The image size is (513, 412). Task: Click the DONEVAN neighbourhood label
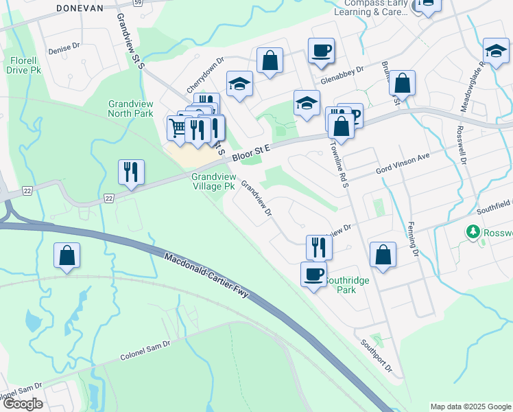80,8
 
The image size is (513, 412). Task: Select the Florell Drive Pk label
25,65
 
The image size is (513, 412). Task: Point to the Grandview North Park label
130,108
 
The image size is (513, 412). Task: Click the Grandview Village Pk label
215,181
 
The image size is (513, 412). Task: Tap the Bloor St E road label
252,152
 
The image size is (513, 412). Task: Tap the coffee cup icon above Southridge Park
313,274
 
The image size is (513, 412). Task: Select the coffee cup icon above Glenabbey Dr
321,50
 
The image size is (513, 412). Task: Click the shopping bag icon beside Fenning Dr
383,255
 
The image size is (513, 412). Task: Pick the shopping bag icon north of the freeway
67,256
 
